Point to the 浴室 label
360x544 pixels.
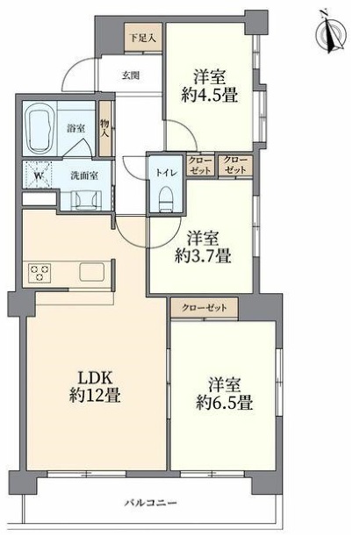pyautogui.click(x=76, y=128)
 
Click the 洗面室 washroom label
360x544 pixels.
pyautogui.click(x=85, y=173)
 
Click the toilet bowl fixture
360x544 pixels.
pyautogui.click(x=163, y=198)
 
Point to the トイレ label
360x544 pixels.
pyautogui.click(x=164, y=171)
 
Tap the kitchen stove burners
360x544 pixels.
pyautogui.click(x=40, y=272)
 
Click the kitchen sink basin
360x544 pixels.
pyautogui.click(x=92, y=272)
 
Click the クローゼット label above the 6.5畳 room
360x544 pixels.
pyautogui.click(x=205, y=308)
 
